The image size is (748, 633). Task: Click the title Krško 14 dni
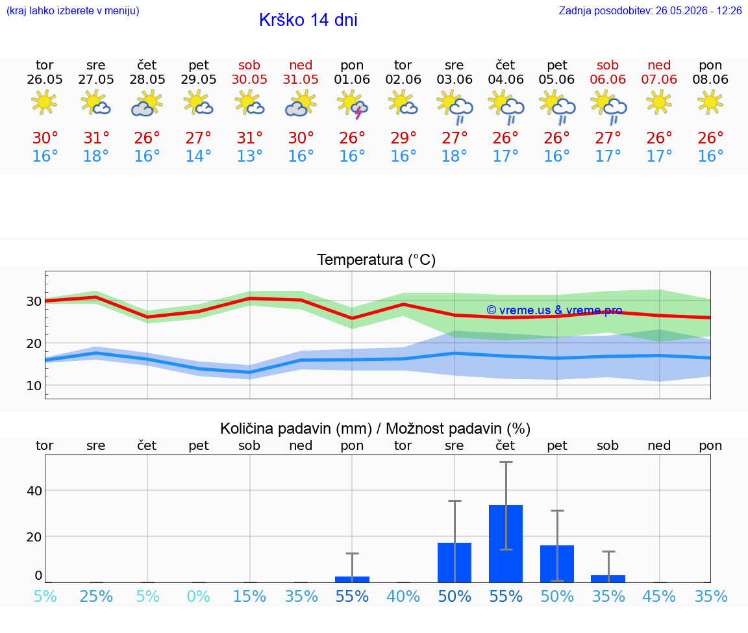pyautogui.click(x=308, y=20)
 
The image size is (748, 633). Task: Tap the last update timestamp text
pyautogui.click(x=650, y=10)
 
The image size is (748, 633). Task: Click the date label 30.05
pyautogui.click(x=249, y=79)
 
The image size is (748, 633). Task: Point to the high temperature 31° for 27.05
pyautogui.click(x=96, y=138)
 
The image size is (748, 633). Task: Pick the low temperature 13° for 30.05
pyautogui.click(x=249, y=156)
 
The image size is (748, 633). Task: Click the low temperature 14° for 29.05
pyautogui.click(x=199, y=156)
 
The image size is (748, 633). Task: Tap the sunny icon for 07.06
pyautogui.click(x=659, y=103)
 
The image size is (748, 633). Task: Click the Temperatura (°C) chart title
pyautogui.click(x=377, y=260)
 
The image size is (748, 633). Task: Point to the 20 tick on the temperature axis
pyautogui.click(x=34, y=343)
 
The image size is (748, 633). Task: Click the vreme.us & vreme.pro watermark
pyautogui.click(x=555, y=310)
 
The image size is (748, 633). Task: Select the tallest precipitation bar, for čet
pyautogui.click(x=506, y=543)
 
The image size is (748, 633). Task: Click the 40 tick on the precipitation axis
pyautogui.click(x=34, y=490)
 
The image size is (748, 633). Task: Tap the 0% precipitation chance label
pyautogui.click(x=199, y=596)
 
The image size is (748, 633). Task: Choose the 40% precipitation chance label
pyautogui.click(x=403, y=596)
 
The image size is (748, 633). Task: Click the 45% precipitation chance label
pyautogui.click(x=659, y=596)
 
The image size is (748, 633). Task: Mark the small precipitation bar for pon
pyautogui.click(x=352, y=579)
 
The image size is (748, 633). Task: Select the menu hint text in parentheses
pyautogui.click(x=73, y=10)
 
